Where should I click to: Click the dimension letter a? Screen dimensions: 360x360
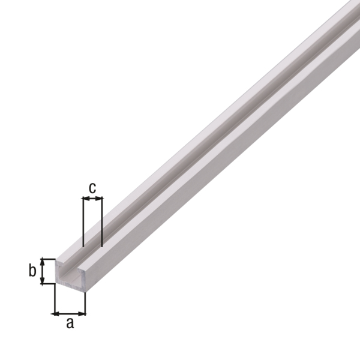click(70, 323)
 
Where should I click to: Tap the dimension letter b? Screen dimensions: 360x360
click(33, 271)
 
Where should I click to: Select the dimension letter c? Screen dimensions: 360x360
click(92, 187)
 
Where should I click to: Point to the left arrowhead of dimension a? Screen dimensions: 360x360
click(56, 313)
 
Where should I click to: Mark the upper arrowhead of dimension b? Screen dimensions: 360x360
click(42, 261)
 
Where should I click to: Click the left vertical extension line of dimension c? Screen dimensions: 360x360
click(82, 228)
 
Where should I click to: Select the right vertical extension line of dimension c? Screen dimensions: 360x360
click(102, 228)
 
